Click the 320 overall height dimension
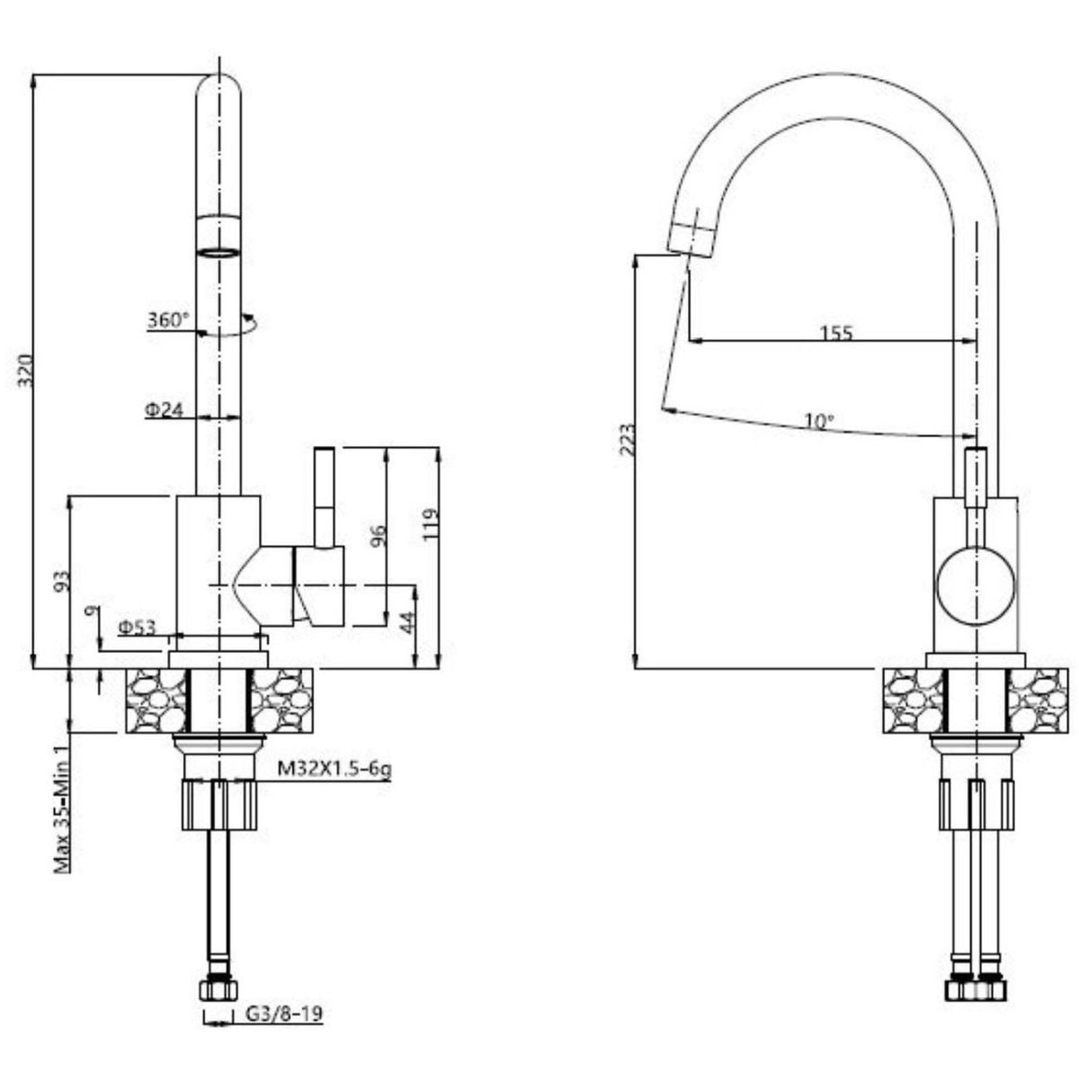click(x=25, y=370)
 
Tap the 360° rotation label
click(x=168, y=320)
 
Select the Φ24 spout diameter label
click(x=164, y=410)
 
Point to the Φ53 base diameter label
click(x=138, y=629)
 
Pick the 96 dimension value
click(x=379, y=535)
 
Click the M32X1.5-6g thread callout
click(x=334, y=770)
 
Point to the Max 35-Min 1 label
click(x=62, y=809)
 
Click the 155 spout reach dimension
click(x=836, y=334)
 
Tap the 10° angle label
click(x=819, y=421)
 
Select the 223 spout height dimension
click(x=629, y=441)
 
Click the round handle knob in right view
click(x=976, y=585)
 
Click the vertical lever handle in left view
click(x=325, y=497)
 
